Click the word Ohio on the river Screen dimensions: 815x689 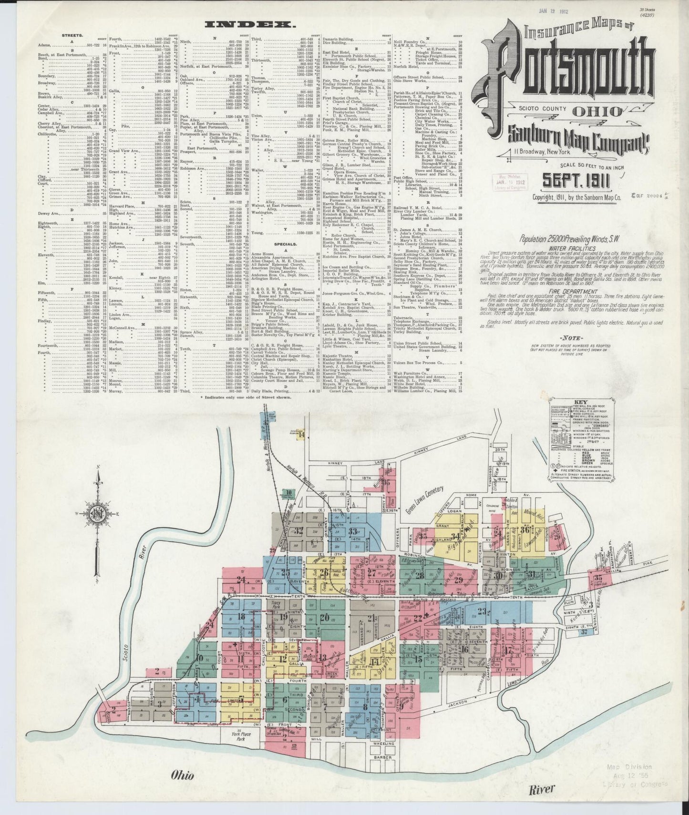tap(183, 776)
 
